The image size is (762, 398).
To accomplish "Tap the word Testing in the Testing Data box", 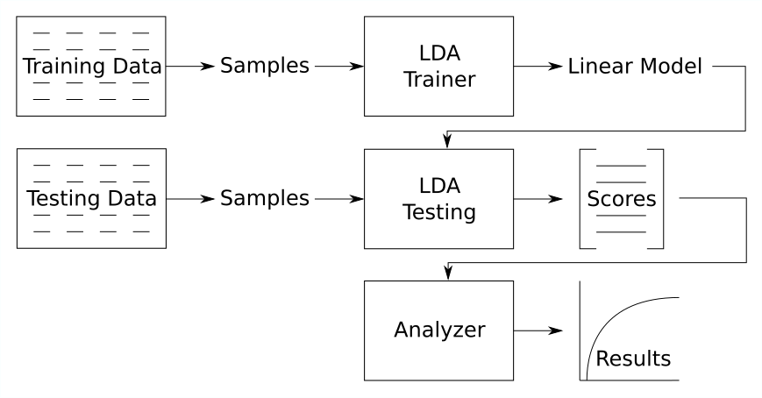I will tap(61, 199).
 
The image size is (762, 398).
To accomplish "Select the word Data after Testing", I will tap(128, 199).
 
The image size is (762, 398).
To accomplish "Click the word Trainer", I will tap(439, 80).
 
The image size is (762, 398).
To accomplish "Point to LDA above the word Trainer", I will tap(439, 53).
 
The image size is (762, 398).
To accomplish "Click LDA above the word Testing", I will tap(439, 186).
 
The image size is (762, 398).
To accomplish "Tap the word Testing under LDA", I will tap(439, 212).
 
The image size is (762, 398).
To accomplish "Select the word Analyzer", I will tap(439, 330).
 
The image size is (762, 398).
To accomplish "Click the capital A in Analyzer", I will tap(402, 330).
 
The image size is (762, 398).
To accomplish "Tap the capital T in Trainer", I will tap(409, 80).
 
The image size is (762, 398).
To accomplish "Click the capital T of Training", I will tap(27, 67).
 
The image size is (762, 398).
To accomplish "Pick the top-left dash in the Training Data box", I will tap(41, 33).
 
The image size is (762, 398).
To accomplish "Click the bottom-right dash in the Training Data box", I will tap(140, 99).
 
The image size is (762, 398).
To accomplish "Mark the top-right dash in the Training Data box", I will tap(140, 33).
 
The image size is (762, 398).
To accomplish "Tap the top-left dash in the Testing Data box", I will tap(41, 165).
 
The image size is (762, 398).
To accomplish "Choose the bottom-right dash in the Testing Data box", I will tap(140, 231).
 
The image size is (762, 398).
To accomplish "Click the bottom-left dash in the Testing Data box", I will tap(41, 231).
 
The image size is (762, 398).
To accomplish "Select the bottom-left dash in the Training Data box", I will tap(41, 99).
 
